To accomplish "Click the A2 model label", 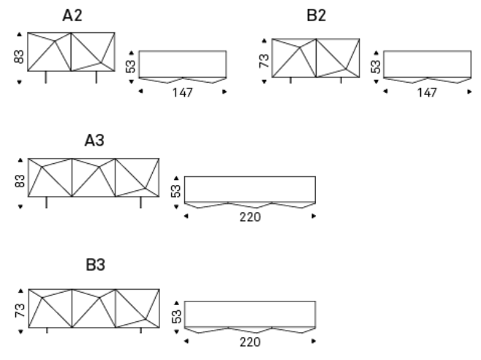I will point(72,16).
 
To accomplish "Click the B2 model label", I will point(316,16).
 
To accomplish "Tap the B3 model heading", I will point(95,265).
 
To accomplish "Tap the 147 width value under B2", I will point(426,93).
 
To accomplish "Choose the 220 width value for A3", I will point(249,217).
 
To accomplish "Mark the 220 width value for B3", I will point(249,341).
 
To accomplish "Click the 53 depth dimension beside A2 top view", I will point(130,66).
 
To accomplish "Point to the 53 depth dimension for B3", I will point(176,315).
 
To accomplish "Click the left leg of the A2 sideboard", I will point(45,78).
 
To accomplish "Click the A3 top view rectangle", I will point(249,189).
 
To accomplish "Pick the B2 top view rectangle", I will point(427,63).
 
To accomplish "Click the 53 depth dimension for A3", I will point(176,191).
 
